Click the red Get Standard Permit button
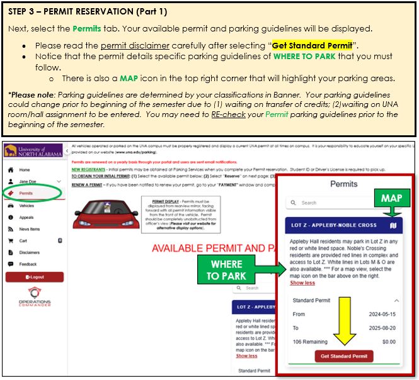tap(344, 356)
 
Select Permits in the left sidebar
tap(26, 193)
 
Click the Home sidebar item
tap(24, 170)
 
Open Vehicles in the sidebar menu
tap(26, 205)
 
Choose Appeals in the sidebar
tap(26, 217)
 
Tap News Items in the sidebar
tap(30, 229)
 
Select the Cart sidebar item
tap(23, 240)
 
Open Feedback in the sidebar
tap(28, 264)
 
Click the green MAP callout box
tap(391, 198)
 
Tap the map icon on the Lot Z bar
tap(393, 225)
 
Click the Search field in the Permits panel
tap(343, 203)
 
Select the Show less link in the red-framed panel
tap(302, 283)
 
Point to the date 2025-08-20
tap(382, 327)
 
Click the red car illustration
tap(106, 215)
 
